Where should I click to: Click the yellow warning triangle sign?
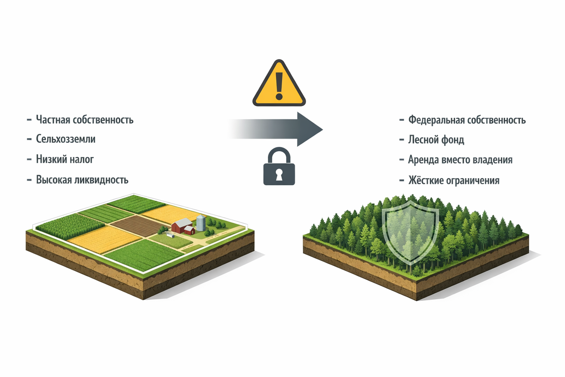pos(279,85)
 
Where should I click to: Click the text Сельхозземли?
pos(69,139)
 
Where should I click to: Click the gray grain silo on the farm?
pos(201,222)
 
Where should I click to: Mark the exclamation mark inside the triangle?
pos(279,84)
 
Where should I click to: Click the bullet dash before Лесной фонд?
pos(401,140)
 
